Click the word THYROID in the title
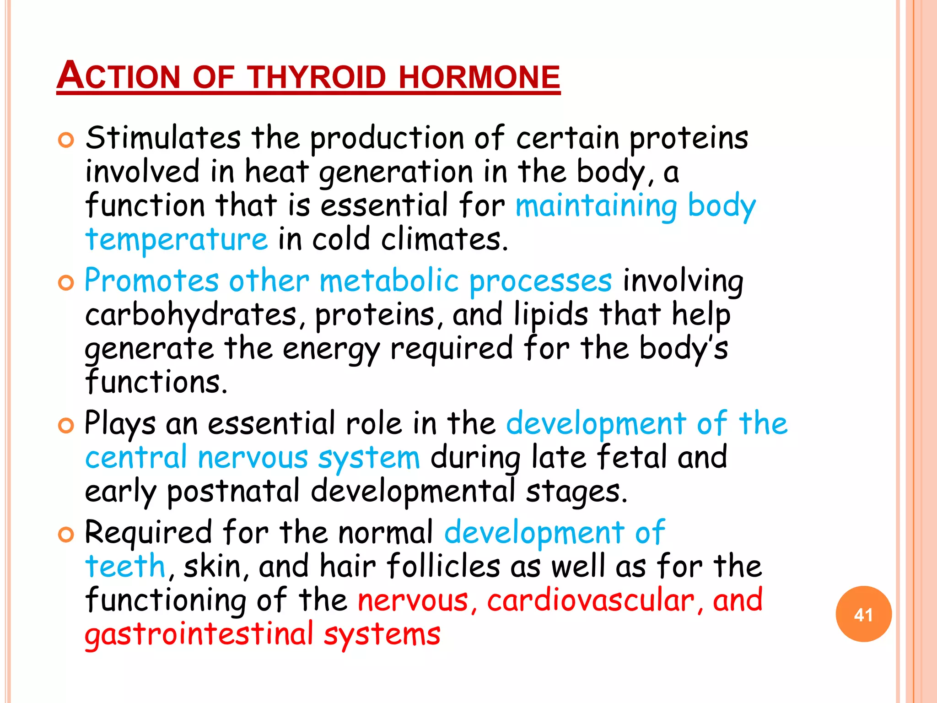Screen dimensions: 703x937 click(x=318, y=77)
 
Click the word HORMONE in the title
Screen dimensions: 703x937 click(x=479, y=77)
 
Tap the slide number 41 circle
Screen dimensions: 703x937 click(x=863, y=614)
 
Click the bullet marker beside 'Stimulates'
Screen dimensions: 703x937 click(x=66, y=140)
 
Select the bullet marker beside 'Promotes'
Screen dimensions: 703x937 click(x=66, y=283)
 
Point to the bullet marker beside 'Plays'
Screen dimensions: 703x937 click(x=66, y=426)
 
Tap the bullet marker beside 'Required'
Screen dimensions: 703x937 click(x=66, y=535)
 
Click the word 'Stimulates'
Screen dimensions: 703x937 click(x=163, y=138)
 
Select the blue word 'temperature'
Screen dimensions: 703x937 click(x=177, y=240)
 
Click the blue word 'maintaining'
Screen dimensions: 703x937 click(x=596, y=206)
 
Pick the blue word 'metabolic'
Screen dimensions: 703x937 click(x=389, y=281)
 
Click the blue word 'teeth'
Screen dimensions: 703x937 click(x=125, y=566)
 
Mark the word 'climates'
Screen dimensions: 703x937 click(x=445, y=240)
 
